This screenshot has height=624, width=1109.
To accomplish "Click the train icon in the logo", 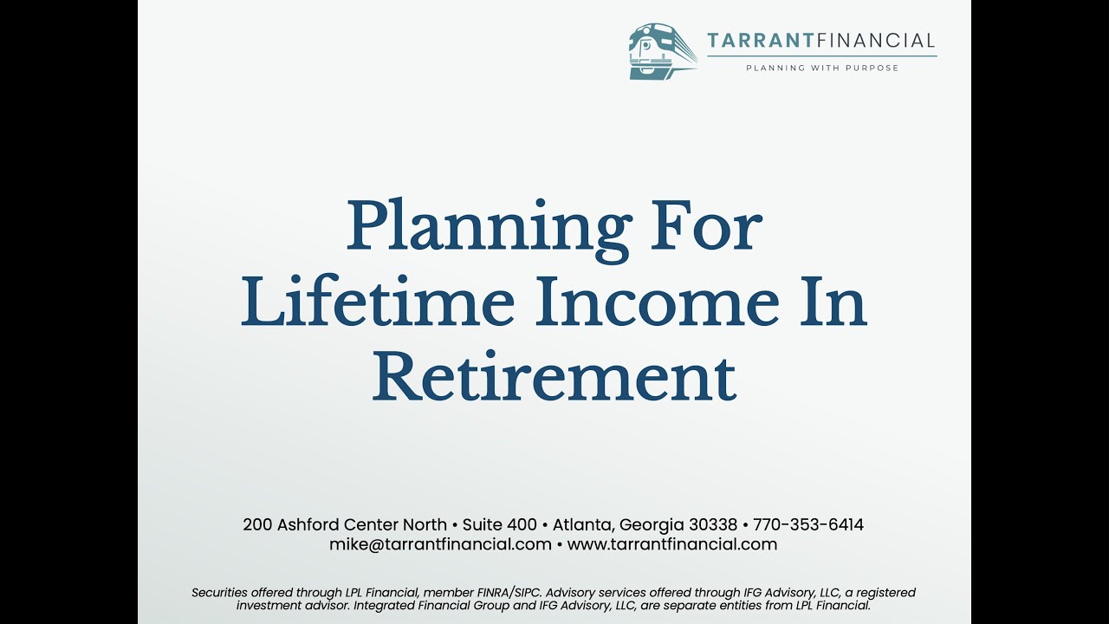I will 662,52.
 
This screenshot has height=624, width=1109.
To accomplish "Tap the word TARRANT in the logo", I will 749,41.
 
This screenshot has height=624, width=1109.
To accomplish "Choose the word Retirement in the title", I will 554,378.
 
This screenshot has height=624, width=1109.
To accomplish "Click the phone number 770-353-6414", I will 808,524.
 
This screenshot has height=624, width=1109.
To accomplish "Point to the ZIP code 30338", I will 713,524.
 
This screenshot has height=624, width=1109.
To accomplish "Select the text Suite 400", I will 500,524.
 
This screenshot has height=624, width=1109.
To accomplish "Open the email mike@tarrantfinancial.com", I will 440,544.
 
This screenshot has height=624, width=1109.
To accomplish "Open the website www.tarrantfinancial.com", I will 672,544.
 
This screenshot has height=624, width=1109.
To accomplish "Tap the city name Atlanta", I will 584,524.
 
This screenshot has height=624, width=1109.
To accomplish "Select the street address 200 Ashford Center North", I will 345,524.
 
